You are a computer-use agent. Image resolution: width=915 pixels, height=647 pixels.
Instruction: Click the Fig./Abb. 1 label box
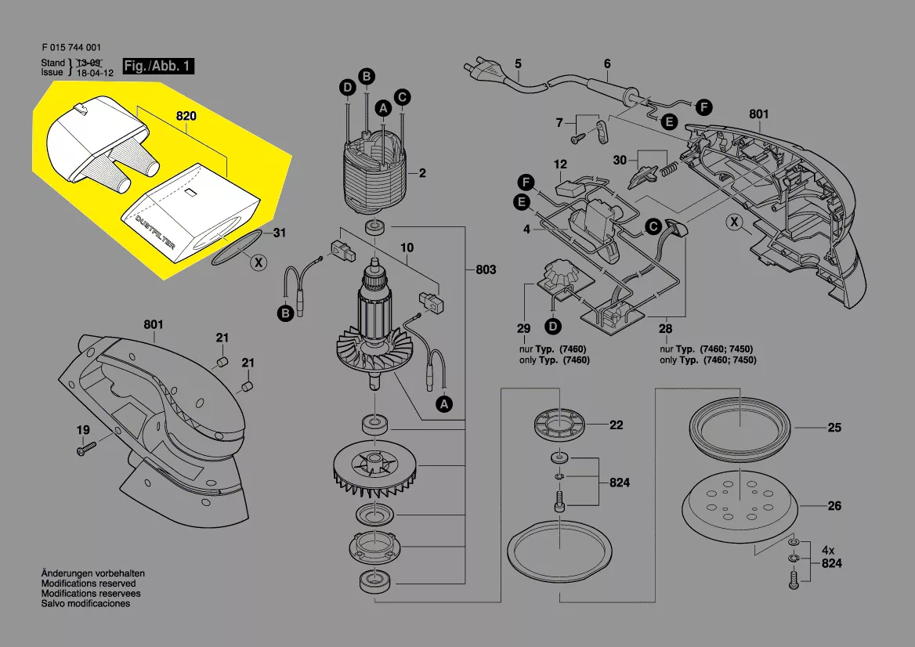[x=158, y=67]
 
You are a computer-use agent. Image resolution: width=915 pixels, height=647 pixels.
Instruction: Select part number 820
[x=186, y=116]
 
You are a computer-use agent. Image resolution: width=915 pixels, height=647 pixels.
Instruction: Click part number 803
[x=486, y=269]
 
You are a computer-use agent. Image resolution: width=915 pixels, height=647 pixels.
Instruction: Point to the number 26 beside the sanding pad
[x=834, y=506]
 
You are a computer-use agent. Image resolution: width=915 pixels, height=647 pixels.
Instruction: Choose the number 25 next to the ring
[x=834, y=428]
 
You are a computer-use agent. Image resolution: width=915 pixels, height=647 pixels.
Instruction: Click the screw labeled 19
[x=85, y=449]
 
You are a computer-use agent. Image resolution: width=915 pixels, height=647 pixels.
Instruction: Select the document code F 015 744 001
[x=71, y=48]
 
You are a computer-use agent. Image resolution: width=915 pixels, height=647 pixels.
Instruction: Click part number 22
[x=617, y=425]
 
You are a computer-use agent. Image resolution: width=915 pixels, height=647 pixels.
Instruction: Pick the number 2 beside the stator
[x=422, y=173]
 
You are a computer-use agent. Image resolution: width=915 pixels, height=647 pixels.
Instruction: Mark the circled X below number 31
[x=258, y=263]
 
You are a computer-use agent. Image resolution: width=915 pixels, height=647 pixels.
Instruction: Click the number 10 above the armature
[x=407, y=248]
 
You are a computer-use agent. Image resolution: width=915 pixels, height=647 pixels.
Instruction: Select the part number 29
[x=524, y=329]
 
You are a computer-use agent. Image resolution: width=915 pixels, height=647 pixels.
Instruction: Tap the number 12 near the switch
[x=560, y=164]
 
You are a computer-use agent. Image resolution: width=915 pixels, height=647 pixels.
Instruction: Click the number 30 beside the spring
[x=620, y=161]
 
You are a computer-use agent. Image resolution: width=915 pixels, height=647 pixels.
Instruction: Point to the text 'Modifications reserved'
[x=89, y=584]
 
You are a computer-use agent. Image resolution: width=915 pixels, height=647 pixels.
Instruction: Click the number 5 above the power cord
[x=518, y=63]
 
